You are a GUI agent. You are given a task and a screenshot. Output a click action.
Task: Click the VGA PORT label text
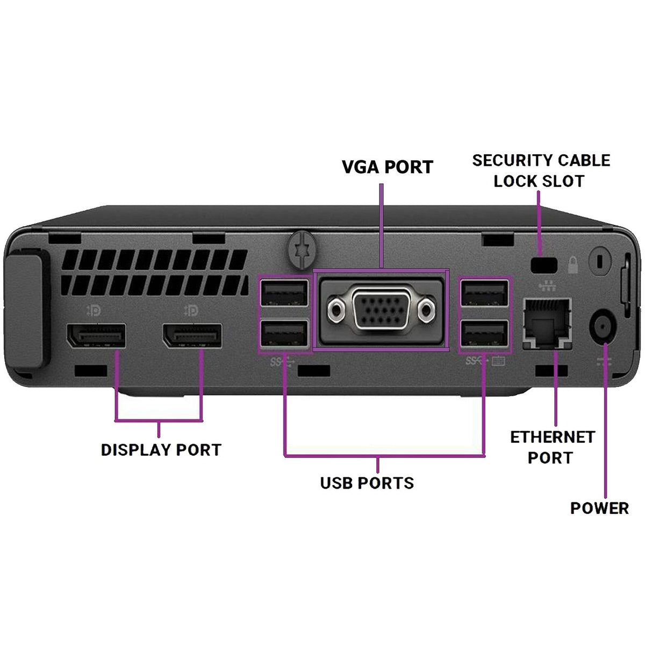pos(387,167)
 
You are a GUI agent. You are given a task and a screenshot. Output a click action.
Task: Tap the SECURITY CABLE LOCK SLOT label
pos(541,170)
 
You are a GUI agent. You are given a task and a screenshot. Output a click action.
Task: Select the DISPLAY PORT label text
pos(161,450)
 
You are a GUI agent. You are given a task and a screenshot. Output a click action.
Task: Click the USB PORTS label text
pos(367,483)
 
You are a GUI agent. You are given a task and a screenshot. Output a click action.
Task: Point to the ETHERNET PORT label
pos(552,447)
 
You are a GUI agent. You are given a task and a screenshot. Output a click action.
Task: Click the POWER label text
pos(599,508)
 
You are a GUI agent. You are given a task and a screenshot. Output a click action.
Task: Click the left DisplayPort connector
pos(96,336)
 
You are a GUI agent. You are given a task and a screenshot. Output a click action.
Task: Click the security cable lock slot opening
pos(543,264)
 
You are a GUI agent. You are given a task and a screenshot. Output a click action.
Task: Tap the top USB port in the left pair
pos(284,293)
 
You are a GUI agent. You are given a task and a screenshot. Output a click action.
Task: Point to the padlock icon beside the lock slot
pos(574,264)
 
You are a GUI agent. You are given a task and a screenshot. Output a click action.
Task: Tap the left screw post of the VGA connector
pos(337,310)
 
